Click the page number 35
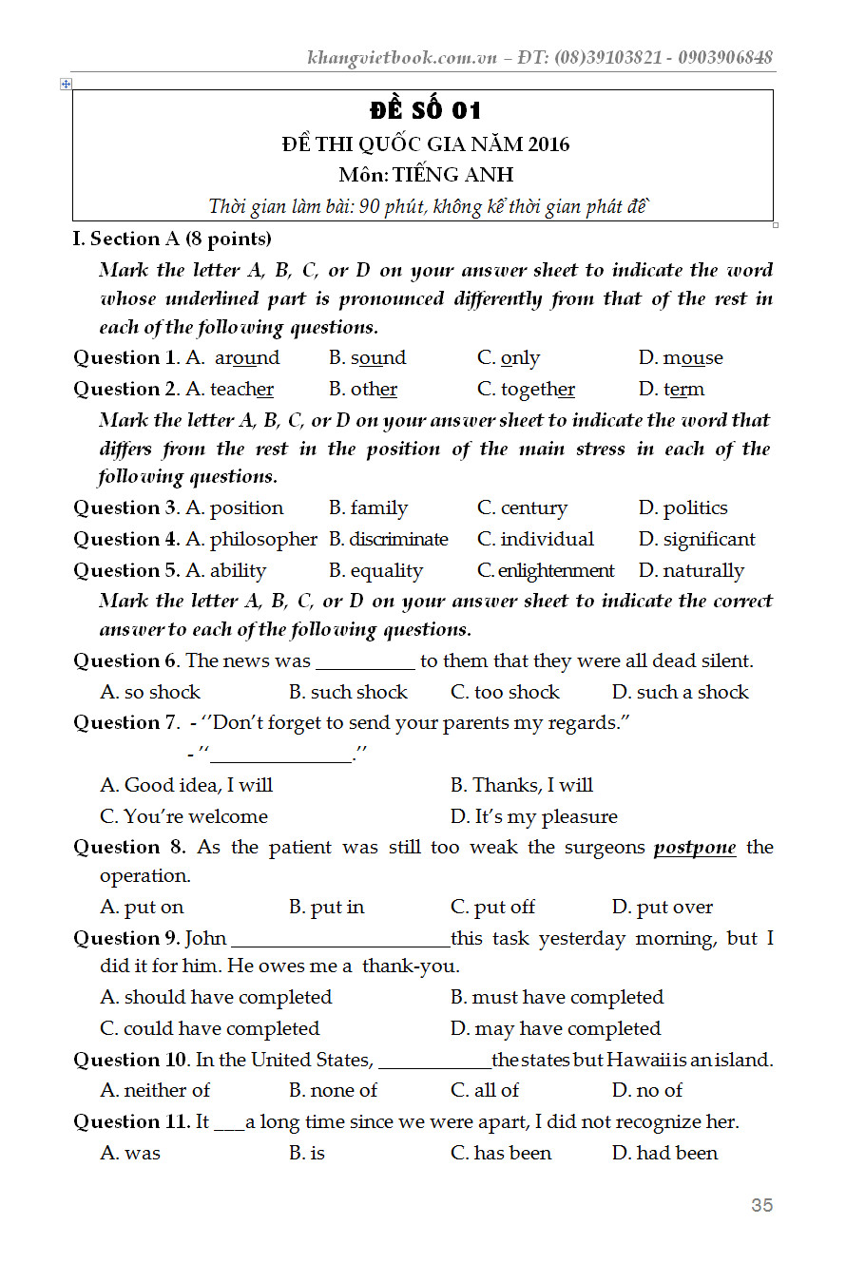761,1205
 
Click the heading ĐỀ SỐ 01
425,110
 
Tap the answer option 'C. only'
509,358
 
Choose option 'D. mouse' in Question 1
681,358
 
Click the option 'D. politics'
683,508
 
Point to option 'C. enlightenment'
546,571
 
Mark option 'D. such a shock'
681,693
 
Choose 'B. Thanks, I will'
521,786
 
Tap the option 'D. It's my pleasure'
533,817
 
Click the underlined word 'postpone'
694,847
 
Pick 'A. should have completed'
216,998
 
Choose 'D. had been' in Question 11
664,1154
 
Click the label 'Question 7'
125,723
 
